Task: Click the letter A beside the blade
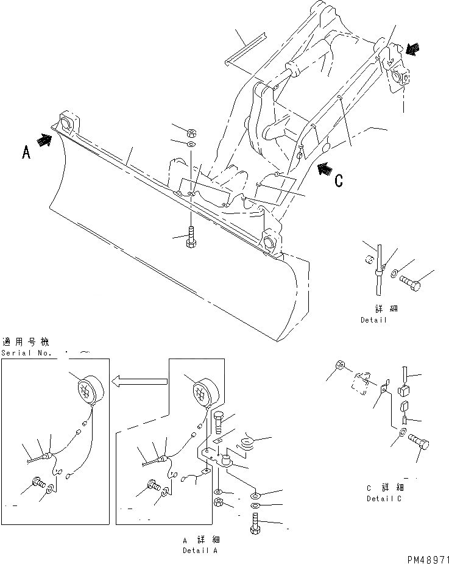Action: click(x=26, y=152)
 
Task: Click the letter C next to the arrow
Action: click(x=339, y=180)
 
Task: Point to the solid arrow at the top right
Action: click(x=412, y=50)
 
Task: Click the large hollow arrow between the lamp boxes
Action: click(x=140, y=382)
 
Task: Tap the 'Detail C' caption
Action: click(x=385, y=498)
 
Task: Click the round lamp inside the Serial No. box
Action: click(x=87, y=388)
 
